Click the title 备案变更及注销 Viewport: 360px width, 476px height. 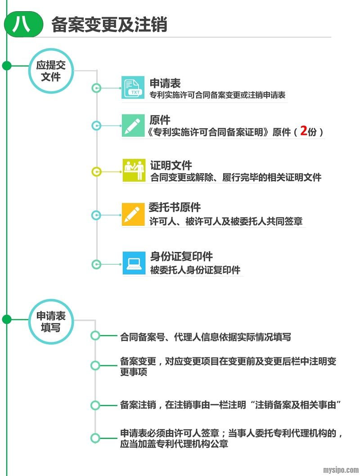pyautogui.click(x=109, y=25)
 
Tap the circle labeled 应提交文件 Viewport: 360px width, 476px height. pyautogui.click(x=50, y=71)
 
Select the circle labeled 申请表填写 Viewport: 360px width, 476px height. pyautogui.click(x=50, y=322)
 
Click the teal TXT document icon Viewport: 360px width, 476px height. pyautogui.click(x=133, y=88)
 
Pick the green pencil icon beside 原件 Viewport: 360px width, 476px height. pyautogui.click(x=133, y=126)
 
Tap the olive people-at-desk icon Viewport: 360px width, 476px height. pyautogui.click(x=134, y=170)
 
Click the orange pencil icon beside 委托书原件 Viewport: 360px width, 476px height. pyautogui.click(x=133, y=214)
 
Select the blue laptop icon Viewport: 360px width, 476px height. pyautogui.click(x=134, y=263)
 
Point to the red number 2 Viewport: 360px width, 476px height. pyautogui.click(x=303, y=131)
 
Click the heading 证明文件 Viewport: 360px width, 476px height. pyautogui.click(x=171, y=165)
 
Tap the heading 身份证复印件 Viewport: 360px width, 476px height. pyautogui.click(x=181, y=257)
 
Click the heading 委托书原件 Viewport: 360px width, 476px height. pyautogui.click(x=175, y=208)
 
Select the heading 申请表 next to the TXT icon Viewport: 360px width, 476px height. pyautogui.click(x=165, y=83)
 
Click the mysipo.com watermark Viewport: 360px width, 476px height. pyautogui.click(x=341, y=470)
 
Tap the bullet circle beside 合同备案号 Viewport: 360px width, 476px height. pyautogui.click(x=95, y=336)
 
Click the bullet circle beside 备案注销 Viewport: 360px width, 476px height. pyautogui.click(x=95, y=405)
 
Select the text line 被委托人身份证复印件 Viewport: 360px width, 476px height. pyautogui.click(x=195, y=270)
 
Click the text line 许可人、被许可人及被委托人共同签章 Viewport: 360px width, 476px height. pyautogui.click(x=226, y=222)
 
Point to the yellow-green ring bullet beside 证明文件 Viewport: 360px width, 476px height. pyautogui.click(x=96, y=171)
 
